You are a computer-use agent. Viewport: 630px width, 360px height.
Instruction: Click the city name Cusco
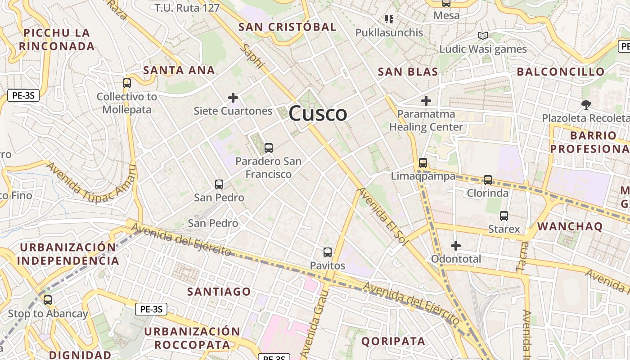(318, 113)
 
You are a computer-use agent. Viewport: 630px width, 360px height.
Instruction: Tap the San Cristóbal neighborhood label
(287, 27)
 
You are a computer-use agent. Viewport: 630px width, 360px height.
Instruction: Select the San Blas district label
(408, 72)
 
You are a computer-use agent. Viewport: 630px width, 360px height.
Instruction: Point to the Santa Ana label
(179, 70)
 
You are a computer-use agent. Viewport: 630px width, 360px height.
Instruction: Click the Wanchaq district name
(570, 226)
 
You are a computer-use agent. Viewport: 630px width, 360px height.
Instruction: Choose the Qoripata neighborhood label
(393, 341)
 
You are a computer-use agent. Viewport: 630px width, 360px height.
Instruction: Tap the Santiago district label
(219, 292)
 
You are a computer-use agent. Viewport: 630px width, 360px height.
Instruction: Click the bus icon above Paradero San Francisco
(269, 148)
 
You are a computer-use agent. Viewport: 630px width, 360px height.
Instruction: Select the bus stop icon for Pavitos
(328, 252)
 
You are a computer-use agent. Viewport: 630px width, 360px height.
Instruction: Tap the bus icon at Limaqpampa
(423, 163)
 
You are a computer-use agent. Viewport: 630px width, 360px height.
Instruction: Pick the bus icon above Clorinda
(488, 180)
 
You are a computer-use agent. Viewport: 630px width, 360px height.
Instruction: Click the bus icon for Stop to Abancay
(48, 300)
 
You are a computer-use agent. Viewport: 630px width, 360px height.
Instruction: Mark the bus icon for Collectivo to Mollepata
(127, 83)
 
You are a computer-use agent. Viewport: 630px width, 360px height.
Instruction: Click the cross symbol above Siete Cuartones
(233, 97)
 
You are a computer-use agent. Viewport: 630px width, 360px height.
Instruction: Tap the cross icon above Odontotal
(456, 246)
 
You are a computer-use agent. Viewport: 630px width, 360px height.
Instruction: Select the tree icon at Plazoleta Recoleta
(586, 105)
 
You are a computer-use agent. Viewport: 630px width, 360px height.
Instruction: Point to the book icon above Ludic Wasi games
(483, 36)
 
